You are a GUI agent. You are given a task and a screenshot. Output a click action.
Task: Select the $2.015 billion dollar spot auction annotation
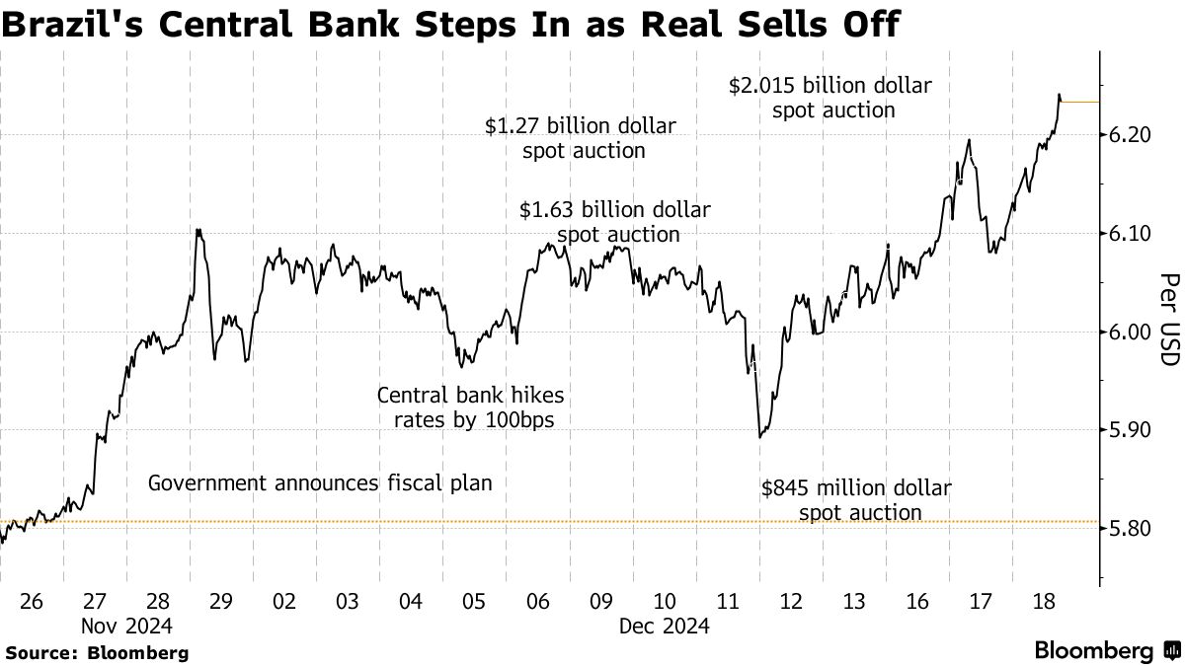(x=830, y=98)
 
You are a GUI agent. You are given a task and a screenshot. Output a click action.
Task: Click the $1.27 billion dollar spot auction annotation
(x=581, y=138)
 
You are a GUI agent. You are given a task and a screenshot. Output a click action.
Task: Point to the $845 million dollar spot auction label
(x=857, y=500)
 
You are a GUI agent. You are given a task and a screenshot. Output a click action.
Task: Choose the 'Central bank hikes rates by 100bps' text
(x=471, y=407)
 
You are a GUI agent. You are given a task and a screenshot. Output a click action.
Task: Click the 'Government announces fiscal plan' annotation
(x=320, y=483)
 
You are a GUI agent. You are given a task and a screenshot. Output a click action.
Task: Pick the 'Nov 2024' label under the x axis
(x=126, y=626)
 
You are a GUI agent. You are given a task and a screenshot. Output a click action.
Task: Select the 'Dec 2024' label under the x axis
(x=665, y=626)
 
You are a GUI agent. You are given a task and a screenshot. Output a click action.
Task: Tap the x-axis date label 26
(x=32, y=600)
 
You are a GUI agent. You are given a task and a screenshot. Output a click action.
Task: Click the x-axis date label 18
(x=1042, y=600)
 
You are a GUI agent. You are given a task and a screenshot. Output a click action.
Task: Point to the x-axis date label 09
(x=601, y=600)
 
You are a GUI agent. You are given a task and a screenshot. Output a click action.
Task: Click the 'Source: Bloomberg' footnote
(x=97, y=652)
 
